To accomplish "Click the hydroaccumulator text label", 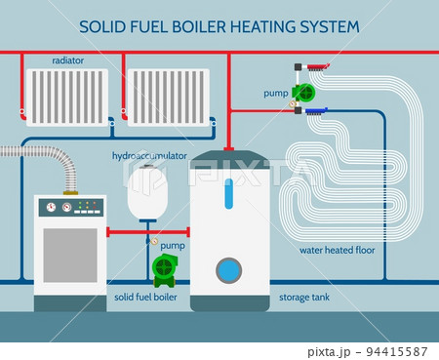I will pyautogui.click(x=148, y=155).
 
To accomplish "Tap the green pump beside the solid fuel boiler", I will pyautogui.click(x=166, y=268).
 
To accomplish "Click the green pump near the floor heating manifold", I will pyautogui.click(x=307, y=94).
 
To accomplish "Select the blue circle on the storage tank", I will pyautogui.click(x=229, y=268).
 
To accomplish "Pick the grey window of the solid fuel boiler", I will pyautogui.click(x=69, y=255).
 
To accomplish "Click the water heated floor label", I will pyautogui.click(x=337, y=251).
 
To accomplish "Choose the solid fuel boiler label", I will pyautogui.click(x=145, y=297).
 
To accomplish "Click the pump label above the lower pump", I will pyautogui.click(x=173, y=246).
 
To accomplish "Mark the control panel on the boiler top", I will pyautogui.click(x=69, y=207).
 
